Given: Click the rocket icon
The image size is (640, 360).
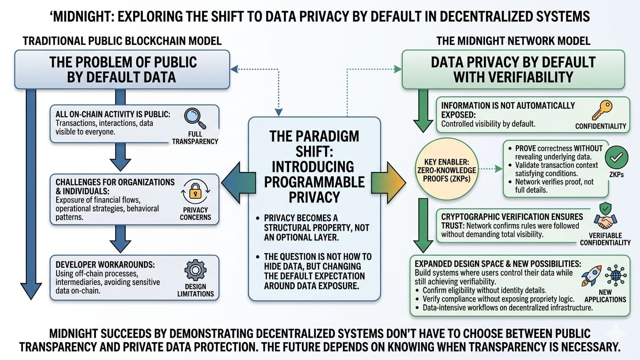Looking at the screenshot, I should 591,276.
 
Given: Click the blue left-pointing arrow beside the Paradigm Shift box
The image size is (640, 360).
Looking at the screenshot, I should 234,184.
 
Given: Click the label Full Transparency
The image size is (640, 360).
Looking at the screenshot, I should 195,137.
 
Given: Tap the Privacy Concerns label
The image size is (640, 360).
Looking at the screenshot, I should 195,214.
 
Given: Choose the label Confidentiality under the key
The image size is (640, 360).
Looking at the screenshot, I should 601,126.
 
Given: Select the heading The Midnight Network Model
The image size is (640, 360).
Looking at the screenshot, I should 513,41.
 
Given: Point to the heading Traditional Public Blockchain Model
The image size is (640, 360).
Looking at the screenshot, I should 122,41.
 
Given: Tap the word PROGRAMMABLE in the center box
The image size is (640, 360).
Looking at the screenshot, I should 314,182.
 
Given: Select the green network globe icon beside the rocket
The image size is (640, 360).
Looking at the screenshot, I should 615,275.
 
